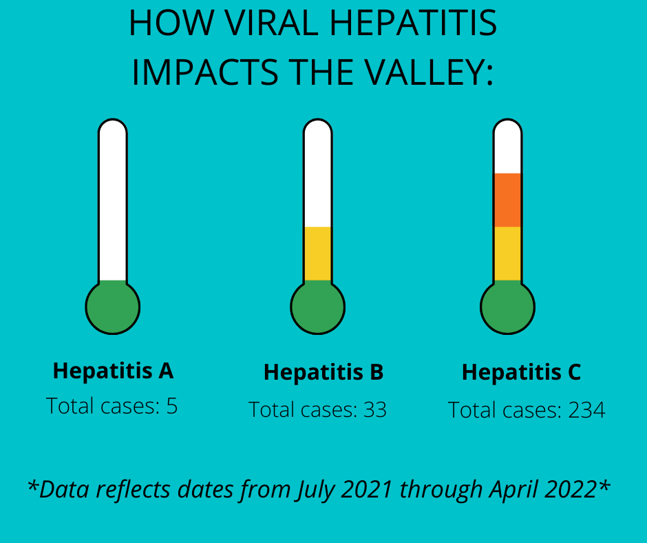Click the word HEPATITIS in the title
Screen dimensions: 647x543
point(413,23)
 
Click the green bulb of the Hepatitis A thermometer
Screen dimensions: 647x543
point(113,307)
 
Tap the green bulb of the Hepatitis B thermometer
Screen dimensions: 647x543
point(318,307)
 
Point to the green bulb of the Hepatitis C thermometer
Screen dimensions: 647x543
point(507,307)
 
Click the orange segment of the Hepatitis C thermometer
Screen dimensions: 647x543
point(507,200)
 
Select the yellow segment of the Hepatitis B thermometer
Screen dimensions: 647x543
point(318,254)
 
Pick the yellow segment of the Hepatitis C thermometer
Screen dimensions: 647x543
point(507,254)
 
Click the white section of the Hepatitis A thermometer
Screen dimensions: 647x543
point(113,201)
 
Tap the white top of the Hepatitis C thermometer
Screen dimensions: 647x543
point(507,147)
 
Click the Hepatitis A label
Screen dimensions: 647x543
point(113,371)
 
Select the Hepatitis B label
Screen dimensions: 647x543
point(323,372)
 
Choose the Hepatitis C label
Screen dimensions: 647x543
point(522,372)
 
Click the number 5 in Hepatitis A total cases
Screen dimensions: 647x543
point(172,407)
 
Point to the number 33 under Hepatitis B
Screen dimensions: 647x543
point(375,410)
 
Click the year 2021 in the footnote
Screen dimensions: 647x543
point(367,489)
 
